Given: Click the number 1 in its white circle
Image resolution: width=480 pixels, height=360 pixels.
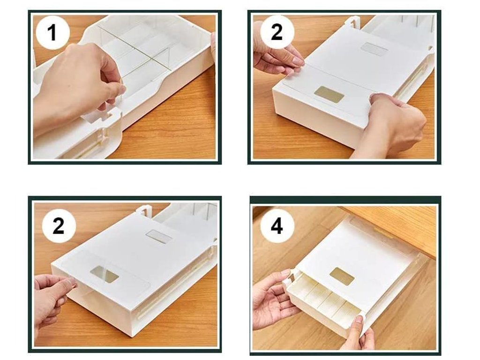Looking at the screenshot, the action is [x=52, y=33].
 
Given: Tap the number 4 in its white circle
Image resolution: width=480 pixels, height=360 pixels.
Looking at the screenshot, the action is [x=277, y=227].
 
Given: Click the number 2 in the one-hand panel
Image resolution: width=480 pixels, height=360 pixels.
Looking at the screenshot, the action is [x=59, y=226].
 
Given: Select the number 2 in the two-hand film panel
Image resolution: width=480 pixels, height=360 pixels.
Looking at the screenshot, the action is [x=277, y=32].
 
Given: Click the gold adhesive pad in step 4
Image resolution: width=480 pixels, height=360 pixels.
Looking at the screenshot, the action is [x=342, y=275].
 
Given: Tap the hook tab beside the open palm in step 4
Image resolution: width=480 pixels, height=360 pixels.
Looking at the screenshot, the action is [x=289, y=277].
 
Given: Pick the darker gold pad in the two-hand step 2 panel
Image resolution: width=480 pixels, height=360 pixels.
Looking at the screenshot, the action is [x=330, y=95].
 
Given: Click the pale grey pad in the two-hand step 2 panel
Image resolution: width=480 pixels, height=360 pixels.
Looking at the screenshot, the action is [x=373, y=49].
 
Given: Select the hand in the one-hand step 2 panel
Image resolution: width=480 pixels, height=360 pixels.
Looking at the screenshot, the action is [x=52, y=301].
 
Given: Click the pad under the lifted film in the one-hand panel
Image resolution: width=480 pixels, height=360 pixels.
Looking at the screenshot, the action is [x=105, y=275].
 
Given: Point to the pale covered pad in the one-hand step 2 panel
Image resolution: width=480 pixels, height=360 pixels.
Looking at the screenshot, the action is [x=158, y=236].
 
